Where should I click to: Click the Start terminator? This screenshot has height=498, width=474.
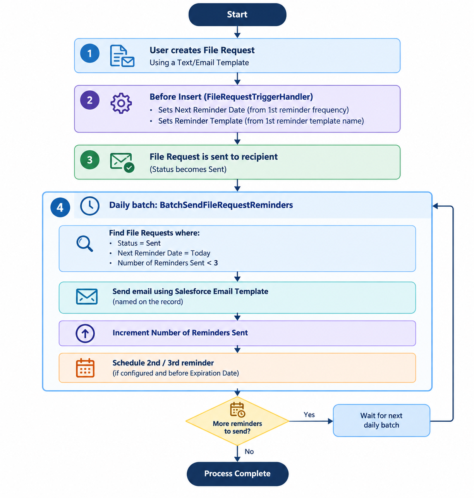(x=237, y=14)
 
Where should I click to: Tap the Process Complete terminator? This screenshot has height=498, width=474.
(x=237, y=473)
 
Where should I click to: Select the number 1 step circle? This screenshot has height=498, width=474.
(x=89, y=53)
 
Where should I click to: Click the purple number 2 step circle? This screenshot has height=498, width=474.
(x=89, y=100)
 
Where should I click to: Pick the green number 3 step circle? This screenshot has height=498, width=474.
(x=89, y=160)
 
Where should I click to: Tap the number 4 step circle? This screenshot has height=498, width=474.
(x=60, y=207)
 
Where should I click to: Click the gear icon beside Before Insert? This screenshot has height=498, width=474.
(x=121, y=103)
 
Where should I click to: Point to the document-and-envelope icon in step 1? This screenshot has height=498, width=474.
(x=122, y=56)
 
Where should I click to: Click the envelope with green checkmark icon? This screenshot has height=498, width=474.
(x=122, y=162)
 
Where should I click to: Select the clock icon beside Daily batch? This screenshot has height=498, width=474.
(x=89, y=206)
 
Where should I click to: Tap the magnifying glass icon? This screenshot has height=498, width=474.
(x=84, y=243)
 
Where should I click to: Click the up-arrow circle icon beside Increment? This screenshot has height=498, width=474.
(x=85, y=333)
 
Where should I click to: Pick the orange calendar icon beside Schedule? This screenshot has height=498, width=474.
(x=85, y=367)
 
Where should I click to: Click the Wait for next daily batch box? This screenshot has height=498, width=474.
(x=381, y=420)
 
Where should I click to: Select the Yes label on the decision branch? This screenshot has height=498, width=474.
(x=309, y=415)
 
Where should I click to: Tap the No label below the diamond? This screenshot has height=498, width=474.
(x=249, y=451)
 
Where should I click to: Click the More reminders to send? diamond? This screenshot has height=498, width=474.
(x=237, y=421)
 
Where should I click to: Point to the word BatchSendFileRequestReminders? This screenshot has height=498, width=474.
(x=226, y=205)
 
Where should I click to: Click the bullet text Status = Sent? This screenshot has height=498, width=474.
(x=139, y=243)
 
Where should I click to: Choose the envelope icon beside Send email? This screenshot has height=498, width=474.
(x=87, y=296)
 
